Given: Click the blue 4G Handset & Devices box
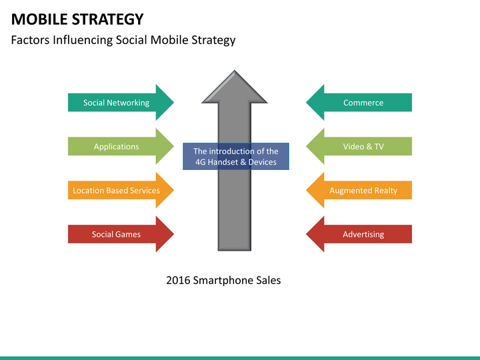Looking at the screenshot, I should pos(236,156).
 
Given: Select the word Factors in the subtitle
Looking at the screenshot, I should pos(29,40).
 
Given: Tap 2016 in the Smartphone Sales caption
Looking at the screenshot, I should pos(178,280).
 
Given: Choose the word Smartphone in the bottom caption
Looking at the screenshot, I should pos(223,280).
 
